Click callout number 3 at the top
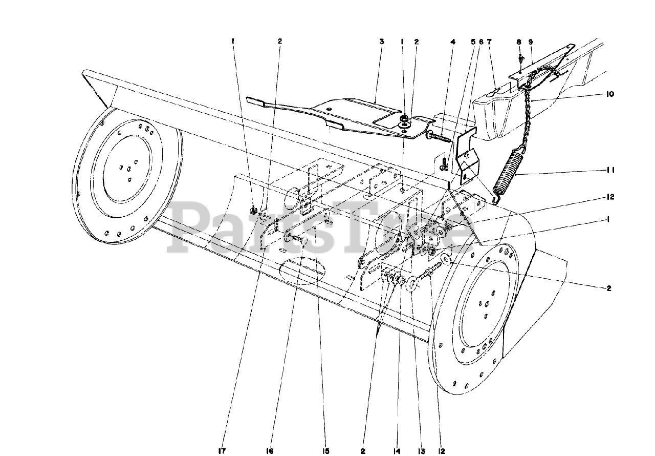(381, 42)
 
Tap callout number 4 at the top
(452, 42)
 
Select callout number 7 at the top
(489, 42)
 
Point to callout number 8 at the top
(518, 42)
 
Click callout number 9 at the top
(531, 42)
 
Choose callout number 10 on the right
(610, 94)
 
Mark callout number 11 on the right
(610, 170)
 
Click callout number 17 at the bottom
(221, 451)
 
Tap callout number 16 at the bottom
(270, 451)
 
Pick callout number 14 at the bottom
(396, 451)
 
